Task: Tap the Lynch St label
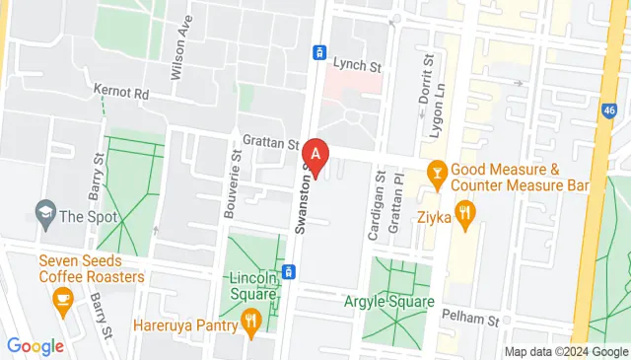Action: pos(356,65)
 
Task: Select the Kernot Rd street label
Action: pos(120,91)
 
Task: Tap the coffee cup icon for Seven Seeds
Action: pos(64,300)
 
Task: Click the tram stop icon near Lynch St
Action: pos(319,52)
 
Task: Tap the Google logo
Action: pos(35,346)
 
